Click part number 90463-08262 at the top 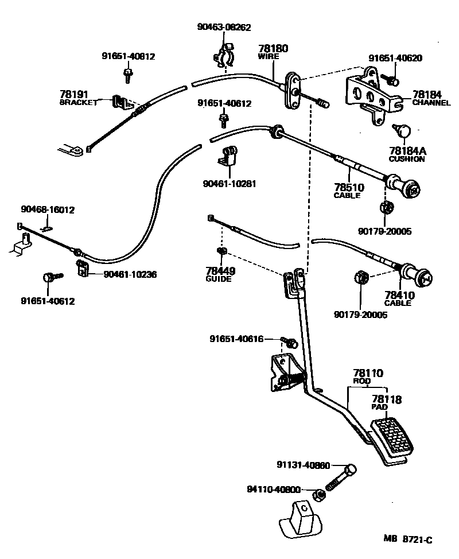pyautogui.click(x=224, y=27)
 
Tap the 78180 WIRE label pyautogui.click(x=273, y=52)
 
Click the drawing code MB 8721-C pyautogui.click(x=407, y=539)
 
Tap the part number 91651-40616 pyautogui.click(x=236, y=339)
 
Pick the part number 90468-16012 pyautogui.click(x=48, y=210)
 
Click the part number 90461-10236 pyautogui.click(x=130, y=274)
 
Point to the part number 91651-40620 pyautogui.click(x=395, y=58)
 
